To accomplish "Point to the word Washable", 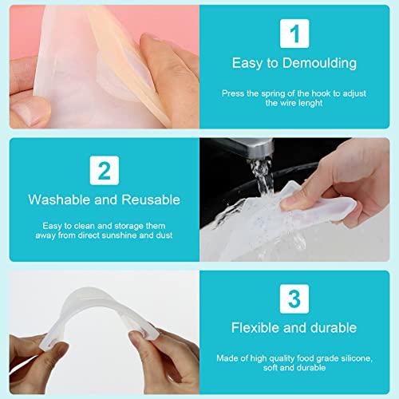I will click(x=58, y=199).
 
